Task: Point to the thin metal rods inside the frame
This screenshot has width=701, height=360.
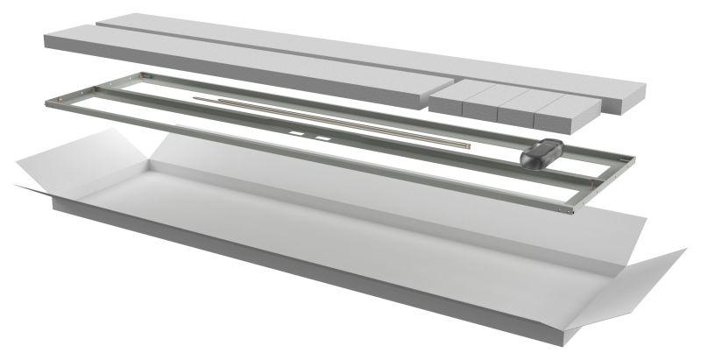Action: (x=350, y=122)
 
